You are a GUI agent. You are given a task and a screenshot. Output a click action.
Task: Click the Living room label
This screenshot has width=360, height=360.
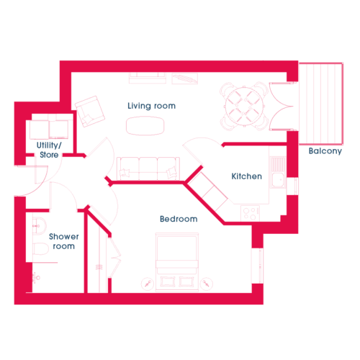pyautogui.click(x=151, y=106)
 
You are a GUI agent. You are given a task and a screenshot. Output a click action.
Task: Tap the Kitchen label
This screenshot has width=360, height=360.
pyautogui.click(x=246, y=176)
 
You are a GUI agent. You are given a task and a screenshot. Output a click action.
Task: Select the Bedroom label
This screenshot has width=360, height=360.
pyautogui.click(x=179, y=219)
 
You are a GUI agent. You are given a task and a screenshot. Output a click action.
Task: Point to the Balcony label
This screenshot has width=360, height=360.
pyautogui.click(x=325, y=151)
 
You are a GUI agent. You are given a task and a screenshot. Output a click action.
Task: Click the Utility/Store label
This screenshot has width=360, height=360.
pyautogui.click(x=49, y=150)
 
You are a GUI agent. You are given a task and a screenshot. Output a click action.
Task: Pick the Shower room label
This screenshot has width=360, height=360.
pyautogui.click(x=64, y=241)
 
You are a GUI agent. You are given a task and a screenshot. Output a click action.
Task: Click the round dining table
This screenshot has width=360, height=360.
pyautogui.click(x=244, y=107)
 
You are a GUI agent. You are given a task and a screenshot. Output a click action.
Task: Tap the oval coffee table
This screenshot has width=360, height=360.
pyautogui.click(x=145, y=126)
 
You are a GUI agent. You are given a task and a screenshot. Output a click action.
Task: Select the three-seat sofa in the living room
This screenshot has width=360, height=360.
pyautogui.click(x=148, y=168)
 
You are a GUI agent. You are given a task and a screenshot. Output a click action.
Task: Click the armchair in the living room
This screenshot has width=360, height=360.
pyautogui.click(x=90, y=112)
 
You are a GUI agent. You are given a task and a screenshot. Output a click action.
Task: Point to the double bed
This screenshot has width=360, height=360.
pyautogui.click(x=177, y=262)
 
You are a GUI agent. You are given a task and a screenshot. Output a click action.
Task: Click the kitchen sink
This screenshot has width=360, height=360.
pyautogui.click(x=278, y=172)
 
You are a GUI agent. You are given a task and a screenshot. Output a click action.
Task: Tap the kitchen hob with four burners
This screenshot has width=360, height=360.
pyautogui.click(x=250, y=213)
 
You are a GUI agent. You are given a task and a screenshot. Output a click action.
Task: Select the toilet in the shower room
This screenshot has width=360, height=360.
pyautogui.click(x=40, y=249)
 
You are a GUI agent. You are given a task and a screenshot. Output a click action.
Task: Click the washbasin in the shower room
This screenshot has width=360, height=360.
pyautogui.click(x=39, y=226)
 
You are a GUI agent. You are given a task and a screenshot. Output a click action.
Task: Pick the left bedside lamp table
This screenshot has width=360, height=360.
pyautogui.click(x=147, y=284)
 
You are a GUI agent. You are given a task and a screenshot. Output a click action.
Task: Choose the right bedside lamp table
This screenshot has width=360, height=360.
pyautogui.click(x=207, y=284)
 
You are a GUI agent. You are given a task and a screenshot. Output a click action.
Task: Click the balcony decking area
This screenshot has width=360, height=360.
pyautogui.click(x=321, y=104)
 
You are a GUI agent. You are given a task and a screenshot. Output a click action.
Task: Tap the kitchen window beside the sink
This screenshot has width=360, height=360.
pyautogui.click(x=292, y=186)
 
